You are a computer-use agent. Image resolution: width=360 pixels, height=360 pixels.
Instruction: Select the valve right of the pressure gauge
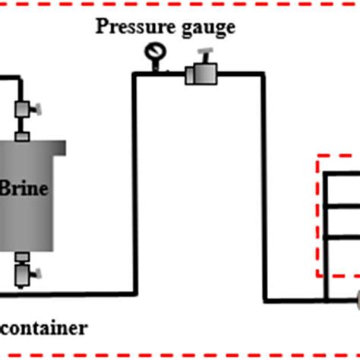[x=201, y=74]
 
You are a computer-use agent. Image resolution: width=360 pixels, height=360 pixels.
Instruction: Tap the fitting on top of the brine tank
[x=22, y=136]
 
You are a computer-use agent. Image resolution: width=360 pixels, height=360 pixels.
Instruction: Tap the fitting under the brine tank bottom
[x=22, y=257]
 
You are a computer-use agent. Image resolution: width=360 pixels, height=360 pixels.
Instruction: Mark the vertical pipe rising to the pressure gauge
[x=135, y=182]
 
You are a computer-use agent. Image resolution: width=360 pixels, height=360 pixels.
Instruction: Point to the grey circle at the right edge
[x=355, y=299]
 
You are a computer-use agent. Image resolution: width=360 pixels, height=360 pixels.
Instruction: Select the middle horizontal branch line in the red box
[x=342, y=205]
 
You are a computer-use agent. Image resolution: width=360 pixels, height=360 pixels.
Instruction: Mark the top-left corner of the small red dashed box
[x=317, y=156]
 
